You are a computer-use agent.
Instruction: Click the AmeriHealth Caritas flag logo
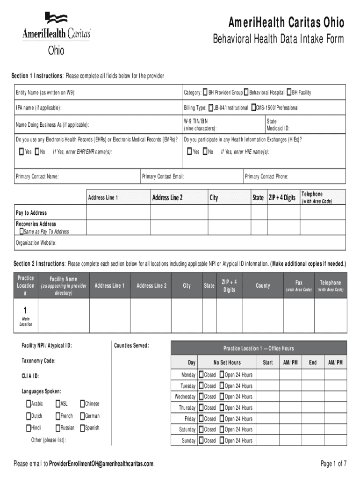coord(56,19)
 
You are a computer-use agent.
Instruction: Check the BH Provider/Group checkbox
coord(205,92)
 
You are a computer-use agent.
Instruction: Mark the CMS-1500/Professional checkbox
coord(253,108)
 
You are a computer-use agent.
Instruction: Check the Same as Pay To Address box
coord(21,231)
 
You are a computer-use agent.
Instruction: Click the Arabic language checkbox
coord(29,404)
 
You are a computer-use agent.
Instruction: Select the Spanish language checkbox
coord(82,428)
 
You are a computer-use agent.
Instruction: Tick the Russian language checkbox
coord(58,428)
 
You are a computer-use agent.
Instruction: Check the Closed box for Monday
coord(201,375)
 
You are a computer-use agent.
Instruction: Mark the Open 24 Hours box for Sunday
coord(222,440)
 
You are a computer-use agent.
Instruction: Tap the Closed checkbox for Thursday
coord(201,407)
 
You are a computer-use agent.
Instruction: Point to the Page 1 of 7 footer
coord(333,464)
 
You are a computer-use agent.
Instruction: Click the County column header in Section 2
coord(263,285)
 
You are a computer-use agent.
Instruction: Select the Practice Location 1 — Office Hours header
coord(259,348)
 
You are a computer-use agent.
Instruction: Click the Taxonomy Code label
coord(38,361)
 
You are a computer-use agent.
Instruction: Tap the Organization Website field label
coord(36,243)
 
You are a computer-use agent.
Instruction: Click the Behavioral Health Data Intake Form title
coord(278,39)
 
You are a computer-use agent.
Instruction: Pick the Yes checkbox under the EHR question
coord(22,152)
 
